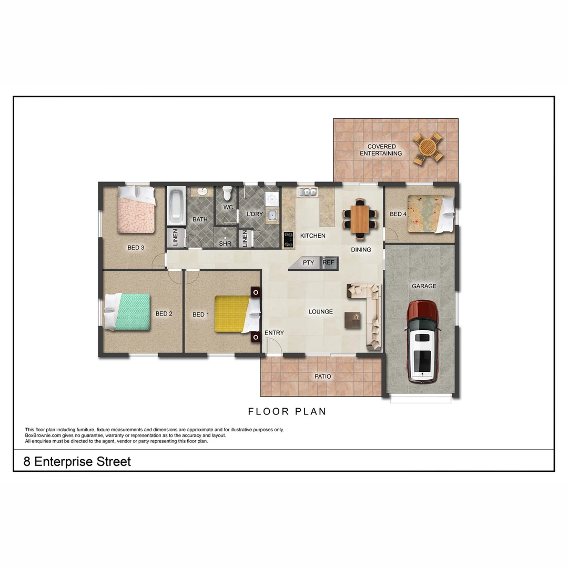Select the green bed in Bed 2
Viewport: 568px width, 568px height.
tap(130, 311)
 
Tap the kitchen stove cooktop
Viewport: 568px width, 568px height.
tap(289, 239)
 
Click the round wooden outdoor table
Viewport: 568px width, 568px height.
tap(427, 148)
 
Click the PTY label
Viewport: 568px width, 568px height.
tap(308, 262)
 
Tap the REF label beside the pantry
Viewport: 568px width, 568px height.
tap(328, 262)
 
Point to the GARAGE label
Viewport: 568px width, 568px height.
tap(424, 286)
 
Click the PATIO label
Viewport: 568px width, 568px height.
tap(322, 377)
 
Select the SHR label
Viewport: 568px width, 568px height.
tap(225, 244)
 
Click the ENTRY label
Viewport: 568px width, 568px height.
tap(274, 333)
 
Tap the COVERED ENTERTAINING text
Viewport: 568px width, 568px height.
tap(381, 150)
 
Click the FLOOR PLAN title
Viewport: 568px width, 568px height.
tap(287, 411)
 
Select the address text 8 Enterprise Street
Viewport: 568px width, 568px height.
tap(77, 462)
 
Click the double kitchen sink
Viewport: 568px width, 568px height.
tap(306, 192)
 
